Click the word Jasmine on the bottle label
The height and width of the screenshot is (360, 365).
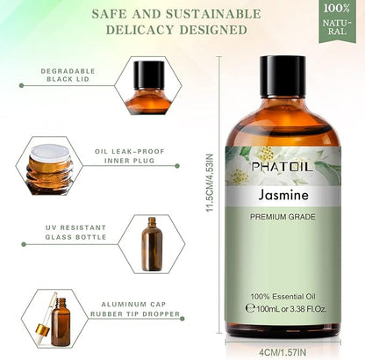point(283,195)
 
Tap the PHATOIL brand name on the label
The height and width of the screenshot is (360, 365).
point(282,167)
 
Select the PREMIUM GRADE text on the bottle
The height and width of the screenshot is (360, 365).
point(283,217)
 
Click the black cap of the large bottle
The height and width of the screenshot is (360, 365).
point(283,76)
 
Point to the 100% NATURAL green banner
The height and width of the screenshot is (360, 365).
point(337,21)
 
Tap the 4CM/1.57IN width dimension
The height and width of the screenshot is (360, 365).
point(283,352)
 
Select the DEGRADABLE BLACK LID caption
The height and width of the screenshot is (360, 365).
point(68,76)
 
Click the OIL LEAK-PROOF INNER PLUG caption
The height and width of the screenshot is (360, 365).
point(130,156)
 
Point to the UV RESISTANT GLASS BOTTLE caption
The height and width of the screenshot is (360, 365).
point(75,233)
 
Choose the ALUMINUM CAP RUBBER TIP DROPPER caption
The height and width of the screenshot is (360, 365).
point(135,309)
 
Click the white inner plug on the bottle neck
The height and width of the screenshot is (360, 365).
point(50,153)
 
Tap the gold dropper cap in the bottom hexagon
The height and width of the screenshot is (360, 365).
point(43,330)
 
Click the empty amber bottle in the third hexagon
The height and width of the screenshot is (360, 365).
point(152,244)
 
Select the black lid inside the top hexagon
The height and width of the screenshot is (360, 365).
point(149,75)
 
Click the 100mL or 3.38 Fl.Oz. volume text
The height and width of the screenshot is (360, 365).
point(286,309)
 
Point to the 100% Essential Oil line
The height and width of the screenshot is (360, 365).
point(283,297)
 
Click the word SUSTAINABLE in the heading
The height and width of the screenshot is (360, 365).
point(213,14)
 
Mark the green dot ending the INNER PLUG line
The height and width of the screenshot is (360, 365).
point(177,166)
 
